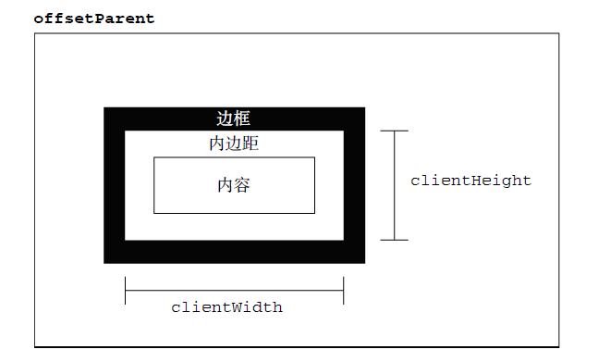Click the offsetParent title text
pos(94,19)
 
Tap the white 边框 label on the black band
pos(234,119)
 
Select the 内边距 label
pos(234,144)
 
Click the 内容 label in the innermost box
pos(234,185)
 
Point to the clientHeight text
pos(470,181)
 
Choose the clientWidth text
pos(226,307)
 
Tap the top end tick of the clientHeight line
pos(395,131)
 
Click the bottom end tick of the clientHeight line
pos(395,240)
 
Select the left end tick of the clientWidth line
pos(125,291)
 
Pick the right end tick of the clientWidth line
pos(343,291)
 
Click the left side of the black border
pos(114,185)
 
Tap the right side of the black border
pos(354,185)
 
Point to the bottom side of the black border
pos(234,252)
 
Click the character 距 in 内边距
pos(250,144)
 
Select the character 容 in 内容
pos(242,185)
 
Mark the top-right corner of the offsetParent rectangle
pos(559,33)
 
